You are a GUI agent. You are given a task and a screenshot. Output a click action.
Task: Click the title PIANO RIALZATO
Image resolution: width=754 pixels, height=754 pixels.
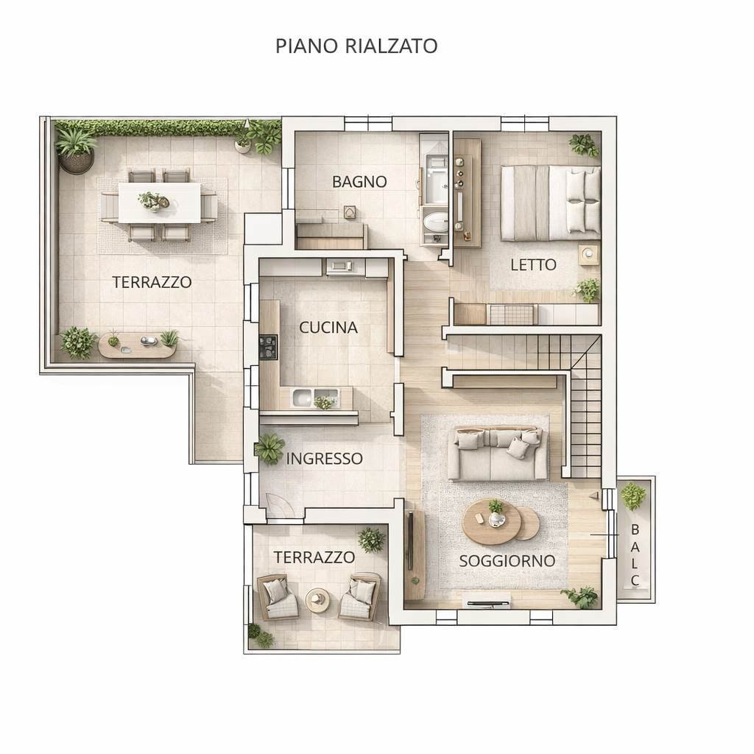click(x=356, y=46)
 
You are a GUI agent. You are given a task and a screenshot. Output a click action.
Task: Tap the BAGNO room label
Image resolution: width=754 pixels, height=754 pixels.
click(x=359, y=181)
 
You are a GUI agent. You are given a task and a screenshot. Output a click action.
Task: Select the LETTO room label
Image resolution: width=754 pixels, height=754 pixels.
click(x=533, y=264)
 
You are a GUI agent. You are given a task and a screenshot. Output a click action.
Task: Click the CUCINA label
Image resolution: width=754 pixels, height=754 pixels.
click(x=328, y=328)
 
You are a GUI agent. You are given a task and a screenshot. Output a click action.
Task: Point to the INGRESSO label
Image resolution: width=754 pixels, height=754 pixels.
click(x=324, y=459)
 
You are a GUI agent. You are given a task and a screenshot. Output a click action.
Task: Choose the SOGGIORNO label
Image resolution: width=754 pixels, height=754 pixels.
click(x=507, y=560)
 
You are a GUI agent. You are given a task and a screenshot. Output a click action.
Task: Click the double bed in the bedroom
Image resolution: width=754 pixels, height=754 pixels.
click(x=549, y=202)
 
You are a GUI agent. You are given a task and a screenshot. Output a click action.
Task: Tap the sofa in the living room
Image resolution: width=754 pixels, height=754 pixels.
click(x=498, y=453)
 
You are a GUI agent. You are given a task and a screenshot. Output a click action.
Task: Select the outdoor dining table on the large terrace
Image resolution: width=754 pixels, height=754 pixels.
click(x=159, y=202)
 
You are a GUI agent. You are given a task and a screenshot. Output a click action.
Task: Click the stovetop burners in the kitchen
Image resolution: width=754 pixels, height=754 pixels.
click(x=268, y=347)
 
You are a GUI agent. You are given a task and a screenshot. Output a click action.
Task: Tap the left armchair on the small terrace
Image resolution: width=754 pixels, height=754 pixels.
click(x=278, y=596)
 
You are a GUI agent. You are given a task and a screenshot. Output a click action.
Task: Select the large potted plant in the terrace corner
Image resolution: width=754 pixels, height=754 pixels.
click(x=76, y=147)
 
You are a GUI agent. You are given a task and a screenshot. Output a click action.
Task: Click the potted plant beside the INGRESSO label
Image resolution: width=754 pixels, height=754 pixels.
click(x=269, y=448)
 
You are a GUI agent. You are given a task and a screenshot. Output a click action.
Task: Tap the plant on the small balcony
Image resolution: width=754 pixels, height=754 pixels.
click(x=633, y=496)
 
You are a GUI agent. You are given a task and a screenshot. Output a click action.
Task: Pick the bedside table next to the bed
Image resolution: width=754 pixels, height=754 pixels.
click(x=588, y=255)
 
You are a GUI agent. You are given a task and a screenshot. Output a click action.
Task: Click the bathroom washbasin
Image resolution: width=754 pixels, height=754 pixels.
click(x=437, y=222)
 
